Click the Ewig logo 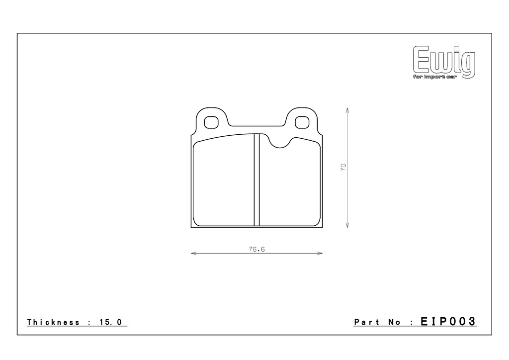444,62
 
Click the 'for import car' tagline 435,77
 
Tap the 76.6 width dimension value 257,249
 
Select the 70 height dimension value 343,168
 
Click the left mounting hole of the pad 211,122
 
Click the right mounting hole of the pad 302,122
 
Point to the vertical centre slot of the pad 257,180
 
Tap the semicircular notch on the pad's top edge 280,143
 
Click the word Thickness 53,322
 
